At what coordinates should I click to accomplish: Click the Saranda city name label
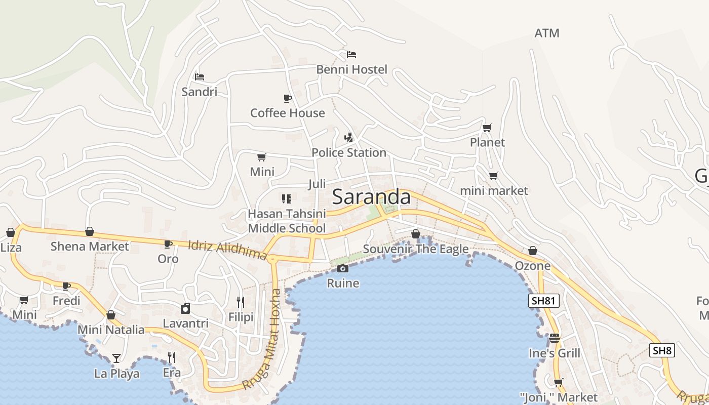371,197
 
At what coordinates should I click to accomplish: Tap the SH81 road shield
544,301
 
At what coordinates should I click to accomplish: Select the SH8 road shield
662,350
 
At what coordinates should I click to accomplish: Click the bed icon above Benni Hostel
351,55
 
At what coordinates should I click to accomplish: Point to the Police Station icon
348,137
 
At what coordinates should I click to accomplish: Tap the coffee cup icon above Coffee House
287,98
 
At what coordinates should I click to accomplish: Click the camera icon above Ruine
343,269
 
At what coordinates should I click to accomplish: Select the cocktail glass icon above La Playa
116,358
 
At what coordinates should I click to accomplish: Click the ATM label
547,33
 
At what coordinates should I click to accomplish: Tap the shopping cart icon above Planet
487,128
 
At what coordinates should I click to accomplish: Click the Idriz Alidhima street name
227,250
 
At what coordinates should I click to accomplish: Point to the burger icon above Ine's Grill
555,338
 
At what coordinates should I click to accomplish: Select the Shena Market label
90,247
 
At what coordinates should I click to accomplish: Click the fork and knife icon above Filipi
241,302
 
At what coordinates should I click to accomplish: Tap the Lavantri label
185,323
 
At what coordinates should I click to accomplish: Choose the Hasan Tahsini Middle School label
287,221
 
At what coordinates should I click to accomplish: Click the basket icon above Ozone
532,251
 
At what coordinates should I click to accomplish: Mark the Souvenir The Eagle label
416,249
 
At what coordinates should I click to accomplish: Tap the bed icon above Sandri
200,77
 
